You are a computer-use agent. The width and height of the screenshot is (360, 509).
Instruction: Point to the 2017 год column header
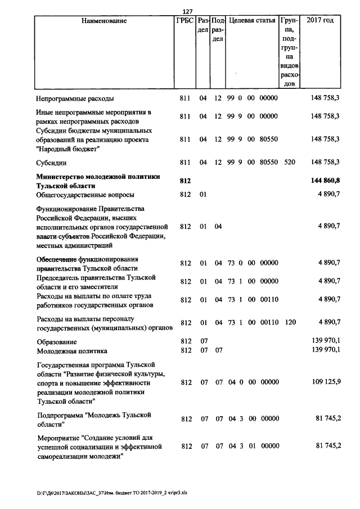point(320,21)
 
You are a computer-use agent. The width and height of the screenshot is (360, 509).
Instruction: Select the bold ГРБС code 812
point(185,181)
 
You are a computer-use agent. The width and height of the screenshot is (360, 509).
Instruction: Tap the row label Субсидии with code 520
point(52,163)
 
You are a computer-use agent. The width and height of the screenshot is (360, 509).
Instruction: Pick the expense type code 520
point(290,163)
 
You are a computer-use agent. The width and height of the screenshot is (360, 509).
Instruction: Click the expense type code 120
point(290,322)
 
